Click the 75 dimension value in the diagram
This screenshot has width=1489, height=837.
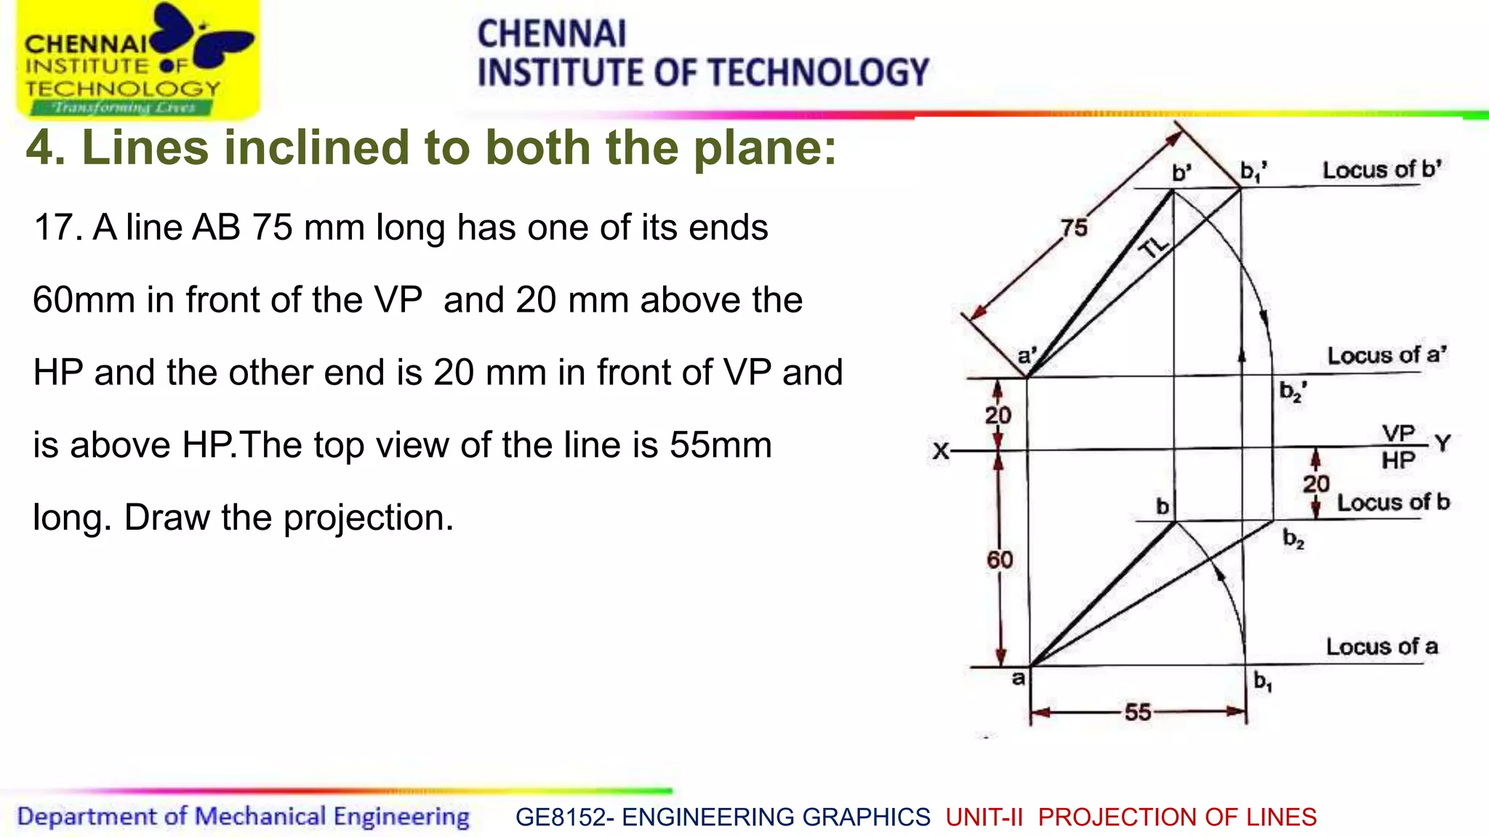pos(1074,227)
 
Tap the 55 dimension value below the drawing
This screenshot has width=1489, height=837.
pos(1138,712)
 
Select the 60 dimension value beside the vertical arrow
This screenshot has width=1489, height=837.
pos(1000,559)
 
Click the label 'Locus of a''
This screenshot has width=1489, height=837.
pos(1386,355)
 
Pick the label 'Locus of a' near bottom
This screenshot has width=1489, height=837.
pos(1381,646)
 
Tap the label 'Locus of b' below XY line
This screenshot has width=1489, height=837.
pos(1393,502)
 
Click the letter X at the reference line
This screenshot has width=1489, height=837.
pos(941,451)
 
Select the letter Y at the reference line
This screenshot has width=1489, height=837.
pos(1442,443)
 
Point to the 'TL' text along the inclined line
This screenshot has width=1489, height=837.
pos(1154,247)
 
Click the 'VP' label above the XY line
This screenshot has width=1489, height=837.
pos(1398,434)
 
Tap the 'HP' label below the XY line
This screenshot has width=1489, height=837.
pos(1398,461)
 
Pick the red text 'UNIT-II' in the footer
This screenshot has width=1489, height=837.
pos(984,817)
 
